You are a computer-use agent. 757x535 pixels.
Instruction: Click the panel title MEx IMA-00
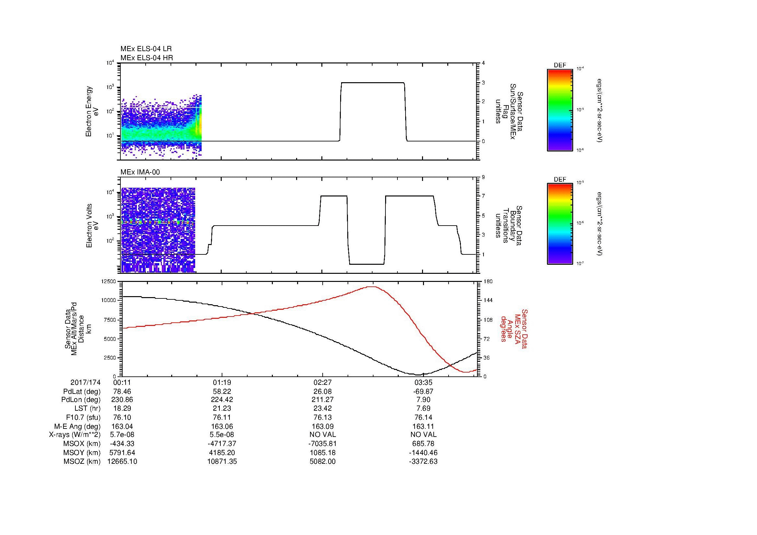(x=140, y=172)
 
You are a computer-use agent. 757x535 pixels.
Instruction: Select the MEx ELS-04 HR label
(x=146, y=58)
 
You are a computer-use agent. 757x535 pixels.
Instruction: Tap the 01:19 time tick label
(x=222, y=383)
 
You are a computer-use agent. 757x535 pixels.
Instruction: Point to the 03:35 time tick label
(x=423, y=383)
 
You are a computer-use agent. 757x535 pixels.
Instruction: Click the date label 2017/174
(x=85, y=383)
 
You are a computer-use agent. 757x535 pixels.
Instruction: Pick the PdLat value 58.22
(x=222, y=392)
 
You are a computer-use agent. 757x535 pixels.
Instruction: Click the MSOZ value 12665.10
(x=122, y=462)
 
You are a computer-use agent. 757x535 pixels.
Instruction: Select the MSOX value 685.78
(x=423, y=444)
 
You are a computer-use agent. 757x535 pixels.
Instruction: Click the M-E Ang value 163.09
(x=322, y=426)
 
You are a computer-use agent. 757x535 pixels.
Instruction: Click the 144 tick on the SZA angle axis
(x=488, y=300)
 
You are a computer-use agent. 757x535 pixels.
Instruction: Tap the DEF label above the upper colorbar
(x=560, y=66)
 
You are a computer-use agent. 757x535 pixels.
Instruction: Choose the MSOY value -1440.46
(x=423, y=452)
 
